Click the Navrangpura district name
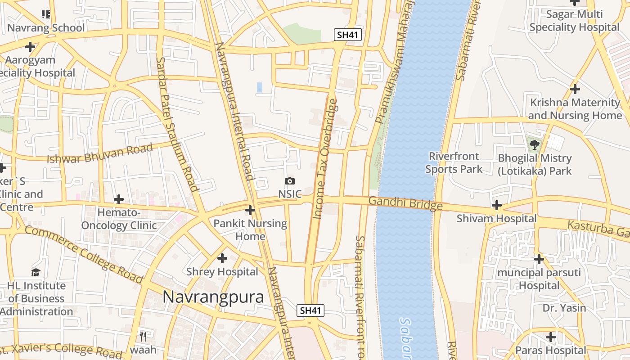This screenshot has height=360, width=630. [213, 297]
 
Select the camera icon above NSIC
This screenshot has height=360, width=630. [290, 181]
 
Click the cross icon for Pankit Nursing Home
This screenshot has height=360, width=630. [250, 210]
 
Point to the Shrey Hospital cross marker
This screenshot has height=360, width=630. [222, 258]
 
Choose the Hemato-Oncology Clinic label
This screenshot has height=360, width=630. [119, 219]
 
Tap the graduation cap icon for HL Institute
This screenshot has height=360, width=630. [36, 272]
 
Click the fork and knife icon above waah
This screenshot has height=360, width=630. [143, 336]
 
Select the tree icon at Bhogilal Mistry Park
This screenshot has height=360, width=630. [534, 145]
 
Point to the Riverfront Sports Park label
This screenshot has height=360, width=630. [454, 162]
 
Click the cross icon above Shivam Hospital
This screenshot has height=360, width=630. [497, 205]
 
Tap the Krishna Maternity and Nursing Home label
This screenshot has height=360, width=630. [575, 109]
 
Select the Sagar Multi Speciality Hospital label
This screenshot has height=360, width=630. [574, 21]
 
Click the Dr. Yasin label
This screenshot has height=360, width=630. [564, 308]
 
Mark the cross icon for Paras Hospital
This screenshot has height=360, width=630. [551, 337]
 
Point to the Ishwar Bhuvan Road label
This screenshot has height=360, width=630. [100, 153]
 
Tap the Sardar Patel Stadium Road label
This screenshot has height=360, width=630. [177, 124]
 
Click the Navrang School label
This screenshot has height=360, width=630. [46, 28]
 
